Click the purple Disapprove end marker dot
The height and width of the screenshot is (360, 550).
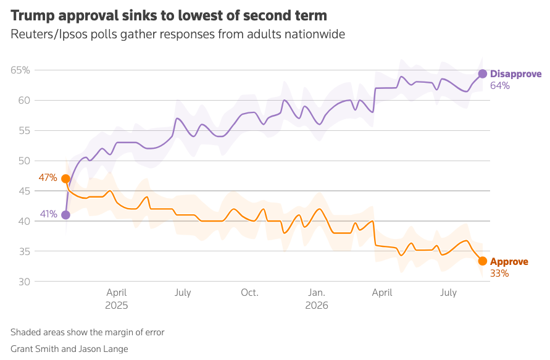point(483,73)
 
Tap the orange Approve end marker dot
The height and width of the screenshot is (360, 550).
point(483,261)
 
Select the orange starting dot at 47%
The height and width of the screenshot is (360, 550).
point(65,179)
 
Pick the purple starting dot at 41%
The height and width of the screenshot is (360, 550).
point(65,215)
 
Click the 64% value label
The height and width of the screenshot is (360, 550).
point(500,86)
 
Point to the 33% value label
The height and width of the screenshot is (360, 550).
point(499,274)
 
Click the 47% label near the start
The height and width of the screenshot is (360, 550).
point(48,178)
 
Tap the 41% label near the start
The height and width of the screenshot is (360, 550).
point(49,214)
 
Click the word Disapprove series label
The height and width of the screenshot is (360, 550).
point(515,74)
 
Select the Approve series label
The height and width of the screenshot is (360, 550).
point(509,262)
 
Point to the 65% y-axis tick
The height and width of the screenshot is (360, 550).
point(20,70)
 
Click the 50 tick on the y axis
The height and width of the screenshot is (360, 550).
point(24,161)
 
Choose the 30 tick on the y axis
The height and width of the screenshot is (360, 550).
point(24,282)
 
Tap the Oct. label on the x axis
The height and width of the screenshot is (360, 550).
point(249,293)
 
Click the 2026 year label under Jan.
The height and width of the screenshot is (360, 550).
point(317,305)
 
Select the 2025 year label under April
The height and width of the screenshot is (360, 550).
point(117,305)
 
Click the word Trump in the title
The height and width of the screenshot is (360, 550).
point(32,16)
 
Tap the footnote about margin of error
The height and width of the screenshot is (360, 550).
point(87,332)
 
